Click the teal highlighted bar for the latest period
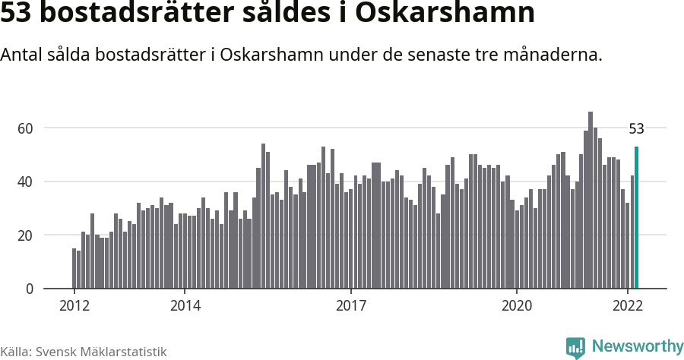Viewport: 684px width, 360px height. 636,218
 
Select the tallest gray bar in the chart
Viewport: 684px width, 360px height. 591,201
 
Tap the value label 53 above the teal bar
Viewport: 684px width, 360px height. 636,129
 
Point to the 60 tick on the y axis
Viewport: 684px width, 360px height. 26,128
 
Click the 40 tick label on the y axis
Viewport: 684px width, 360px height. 26,182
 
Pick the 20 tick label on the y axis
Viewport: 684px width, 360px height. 26,235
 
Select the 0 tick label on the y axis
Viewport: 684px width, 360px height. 30,289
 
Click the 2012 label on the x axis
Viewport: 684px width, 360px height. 74,306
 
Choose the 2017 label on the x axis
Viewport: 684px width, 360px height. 350,306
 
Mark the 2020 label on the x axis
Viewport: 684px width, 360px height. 517,306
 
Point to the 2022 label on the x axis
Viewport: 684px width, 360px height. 628,306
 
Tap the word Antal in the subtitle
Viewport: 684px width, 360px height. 21,55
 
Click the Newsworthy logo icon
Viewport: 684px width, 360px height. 576,347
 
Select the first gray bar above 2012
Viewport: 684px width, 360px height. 74,269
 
